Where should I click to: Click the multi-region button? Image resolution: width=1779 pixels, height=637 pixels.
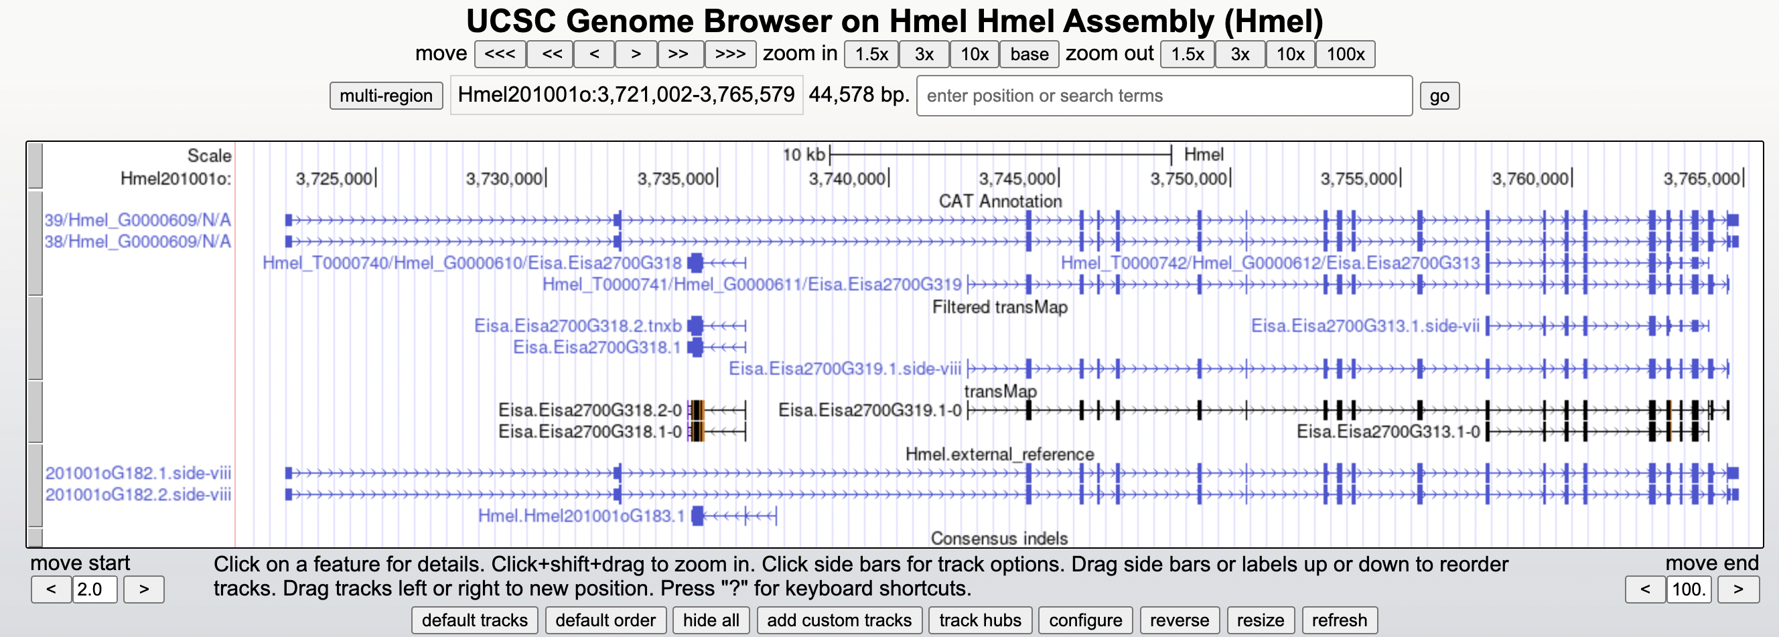click(x=386, y=95)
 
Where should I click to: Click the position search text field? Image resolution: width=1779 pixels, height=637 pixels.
click(x=1163, y=95)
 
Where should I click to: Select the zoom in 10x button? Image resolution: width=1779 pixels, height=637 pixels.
click(x=974, y=54)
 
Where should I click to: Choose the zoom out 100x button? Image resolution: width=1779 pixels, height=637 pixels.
click(x=1344, y=54)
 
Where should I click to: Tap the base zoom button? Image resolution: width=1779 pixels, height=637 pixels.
click(x=1029, y=54)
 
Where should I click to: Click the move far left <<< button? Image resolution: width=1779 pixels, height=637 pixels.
click(x=499, y=54)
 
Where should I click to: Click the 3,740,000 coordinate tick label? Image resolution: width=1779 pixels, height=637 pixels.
click(x=847, y=179)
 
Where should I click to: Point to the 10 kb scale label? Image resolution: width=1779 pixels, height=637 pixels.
click(x=803, y=155)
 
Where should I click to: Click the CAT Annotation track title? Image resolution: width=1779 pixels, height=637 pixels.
click(x=999, y=201)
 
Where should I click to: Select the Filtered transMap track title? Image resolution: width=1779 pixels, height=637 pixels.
click(x=999, y=307)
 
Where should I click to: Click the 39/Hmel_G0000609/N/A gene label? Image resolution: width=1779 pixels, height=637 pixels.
click(x=137, y=220)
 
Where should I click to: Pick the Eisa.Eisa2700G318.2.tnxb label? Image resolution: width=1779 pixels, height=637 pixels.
click(x=577, y=326)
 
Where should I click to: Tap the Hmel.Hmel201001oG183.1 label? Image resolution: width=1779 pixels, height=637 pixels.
click(x=581, y=515)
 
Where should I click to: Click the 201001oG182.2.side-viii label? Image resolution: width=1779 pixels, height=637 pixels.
click(x=137, y=494)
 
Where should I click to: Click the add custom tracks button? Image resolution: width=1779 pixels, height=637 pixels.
click(x=839, y=620)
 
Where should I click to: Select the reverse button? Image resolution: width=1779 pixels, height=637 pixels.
click(x=1179, y=620)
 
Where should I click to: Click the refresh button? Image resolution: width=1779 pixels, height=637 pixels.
click(x=1338, y=620)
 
